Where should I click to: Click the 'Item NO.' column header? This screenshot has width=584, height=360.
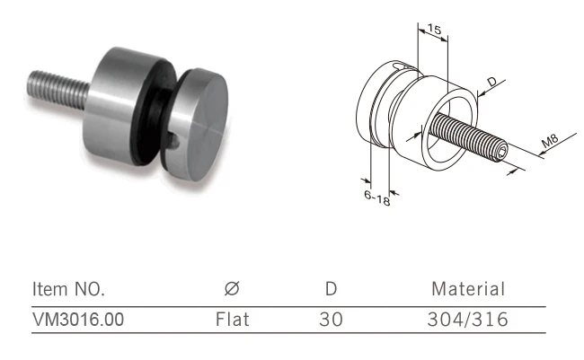point(68,289)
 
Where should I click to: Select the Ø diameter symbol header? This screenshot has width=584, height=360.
point(231,289)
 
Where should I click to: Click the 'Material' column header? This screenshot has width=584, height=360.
point(468,289)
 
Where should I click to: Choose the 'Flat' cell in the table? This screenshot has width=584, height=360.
point(232,319)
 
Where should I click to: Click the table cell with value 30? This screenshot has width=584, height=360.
point(331,319)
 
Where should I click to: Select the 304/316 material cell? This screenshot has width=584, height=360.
point(469,319)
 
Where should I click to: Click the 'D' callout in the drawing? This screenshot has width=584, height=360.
point(491,83)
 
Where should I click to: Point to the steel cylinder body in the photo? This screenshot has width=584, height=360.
point(126,99)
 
